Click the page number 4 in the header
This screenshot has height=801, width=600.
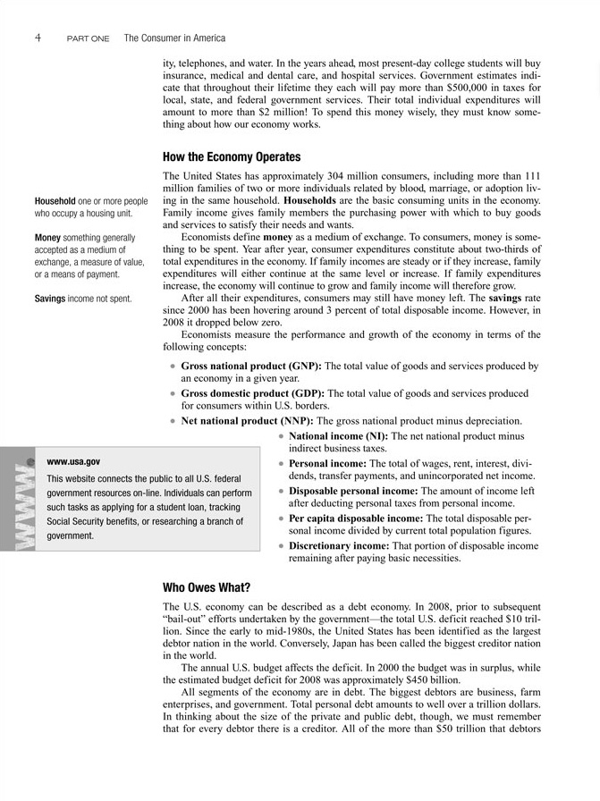pyautogui.click(x=38, y=38)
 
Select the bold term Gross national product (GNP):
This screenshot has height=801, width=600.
pyautogui.click(x=250, y=366)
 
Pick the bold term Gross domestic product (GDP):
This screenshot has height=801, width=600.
pyautogui.click(x=253, y=392)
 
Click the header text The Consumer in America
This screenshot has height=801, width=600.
pyautogui.click(x=174, y=38)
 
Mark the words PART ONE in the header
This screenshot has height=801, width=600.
pyautogui.click(x=88, y=39)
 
